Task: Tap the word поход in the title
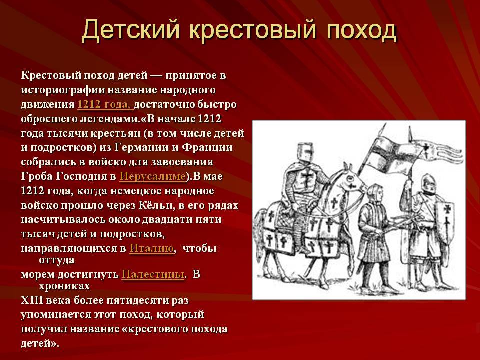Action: click(362, 30)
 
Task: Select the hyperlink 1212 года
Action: click(105, 104)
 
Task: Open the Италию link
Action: click(152, 248)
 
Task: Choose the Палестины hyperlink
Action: click(153, 274)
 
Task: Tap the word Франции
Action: click(207, 147)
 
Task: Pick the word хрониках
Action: click(64, 286)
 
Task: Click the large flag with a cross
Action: click(395, 155)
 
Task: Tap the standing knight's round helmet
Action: click(428, 183)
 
